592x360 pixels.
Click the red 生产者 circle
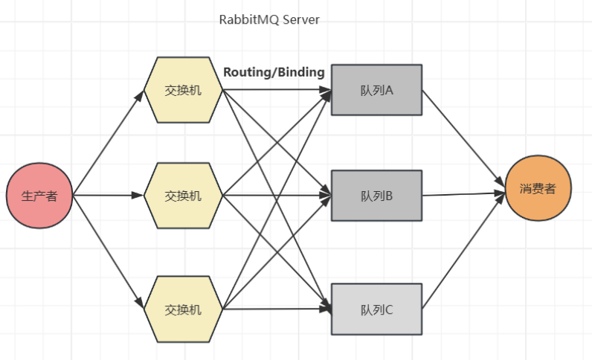tap(39, 196)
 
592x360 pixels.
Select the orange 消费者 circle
tap(537, 189)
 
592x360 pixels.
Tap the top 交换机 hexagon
tap(183, 91)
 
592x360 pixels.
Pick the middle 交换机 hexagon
tap(183, 196)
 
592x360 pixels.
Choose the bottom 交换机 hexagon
tap(183, 308)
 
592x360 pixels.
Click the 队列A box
tap(376, 90)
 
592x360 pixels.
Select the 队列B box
tap(376, 196)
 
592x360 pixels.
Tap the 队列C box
tap(376, 309)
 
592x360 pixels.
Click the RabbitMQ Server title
tap(269, 20)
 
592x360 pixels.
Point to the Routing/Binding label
tap(274, 72)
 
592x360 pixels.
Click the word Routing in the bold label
tap(246, 72)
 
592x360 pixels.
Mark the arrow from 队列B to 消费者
tap(463, 193)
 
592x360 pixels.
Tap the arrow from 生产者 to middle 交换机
tap(108, 196)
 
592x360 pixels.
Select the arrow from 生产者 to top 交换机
tap(109, 143)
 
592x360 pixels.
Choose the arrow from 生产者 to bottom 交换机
tap(109, 251)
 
